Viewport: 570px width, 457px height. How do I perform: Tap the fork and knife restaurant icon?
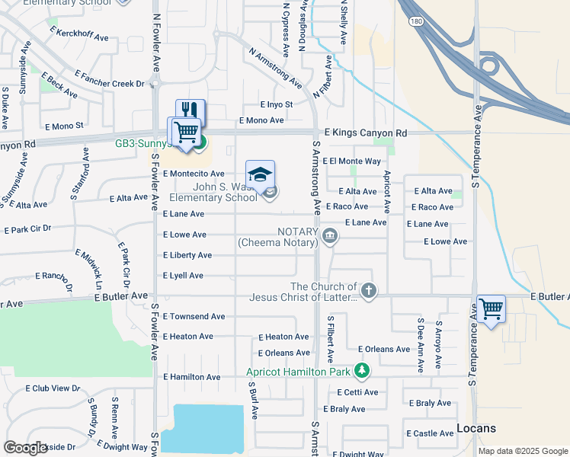[191, 110]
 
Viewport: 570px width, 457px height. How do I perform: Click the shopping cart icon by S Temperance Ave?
[491, 308]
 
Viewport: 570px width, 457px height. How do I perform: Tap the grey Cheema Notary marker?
[330, 235]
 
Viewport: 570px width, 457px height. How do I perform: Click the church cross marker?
[368, 290]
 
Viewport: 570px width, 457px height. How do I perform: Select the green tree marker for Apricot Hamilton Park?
[362, 372]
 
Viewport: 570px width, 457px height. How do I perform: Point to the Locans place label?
[476, 428]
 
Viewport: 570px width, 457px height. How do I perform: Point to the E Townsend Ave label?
[194, 316]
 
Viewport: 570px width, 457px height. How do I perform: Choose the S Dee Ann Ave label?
[419, 345]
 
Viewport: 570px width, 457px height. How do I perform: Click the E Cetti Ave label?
[357, 392]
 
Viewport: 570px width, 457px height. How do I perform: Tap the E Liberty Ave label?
[187, 255]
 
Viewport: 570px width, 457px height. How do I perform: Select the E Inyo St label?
[276, 104]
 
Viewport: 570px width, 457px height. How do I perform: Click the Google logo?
[26, 447]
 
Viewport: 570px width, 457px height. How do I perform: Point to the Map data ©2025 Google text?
[522, 451]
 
